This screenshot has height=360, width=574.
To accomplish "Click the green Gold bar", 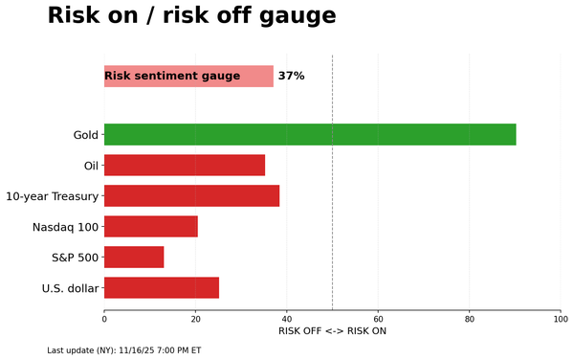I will [310, 134].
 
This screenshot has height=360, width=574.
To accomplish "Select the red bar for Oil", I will [185, 165].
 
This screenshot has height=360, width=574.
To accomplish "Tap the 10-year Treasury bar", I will [191, 195].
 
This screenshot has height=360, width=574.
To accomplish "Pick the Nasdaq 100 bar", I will [151, 226].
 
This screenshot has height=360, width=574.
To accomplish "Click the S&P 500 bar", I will [134, 257].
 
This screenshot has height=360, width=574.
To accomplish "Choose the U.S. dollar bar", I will [162, 287].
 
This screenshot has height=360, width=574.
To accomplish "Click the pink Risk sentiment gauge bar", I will [188, 77].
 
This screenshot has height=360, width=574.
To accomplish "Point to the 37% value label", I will [291, 77].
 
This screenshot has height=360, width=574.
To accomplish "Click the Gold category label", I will [86, 135].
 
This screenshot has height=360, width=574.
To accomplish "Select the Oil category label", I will [92, 166].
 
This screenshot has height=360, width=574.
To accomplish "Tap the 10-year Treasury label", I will [52, 196].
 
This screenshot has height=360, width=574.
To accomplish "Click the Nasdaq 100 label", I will [65, 227].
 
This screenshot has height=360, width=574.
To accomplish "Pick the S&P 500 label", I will [75, 258].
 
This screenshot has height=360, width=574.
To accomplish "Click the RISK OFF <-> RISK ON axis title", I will [332, 331].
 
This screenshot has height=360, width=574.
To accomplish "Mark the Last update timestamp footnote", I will [123, 350].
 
